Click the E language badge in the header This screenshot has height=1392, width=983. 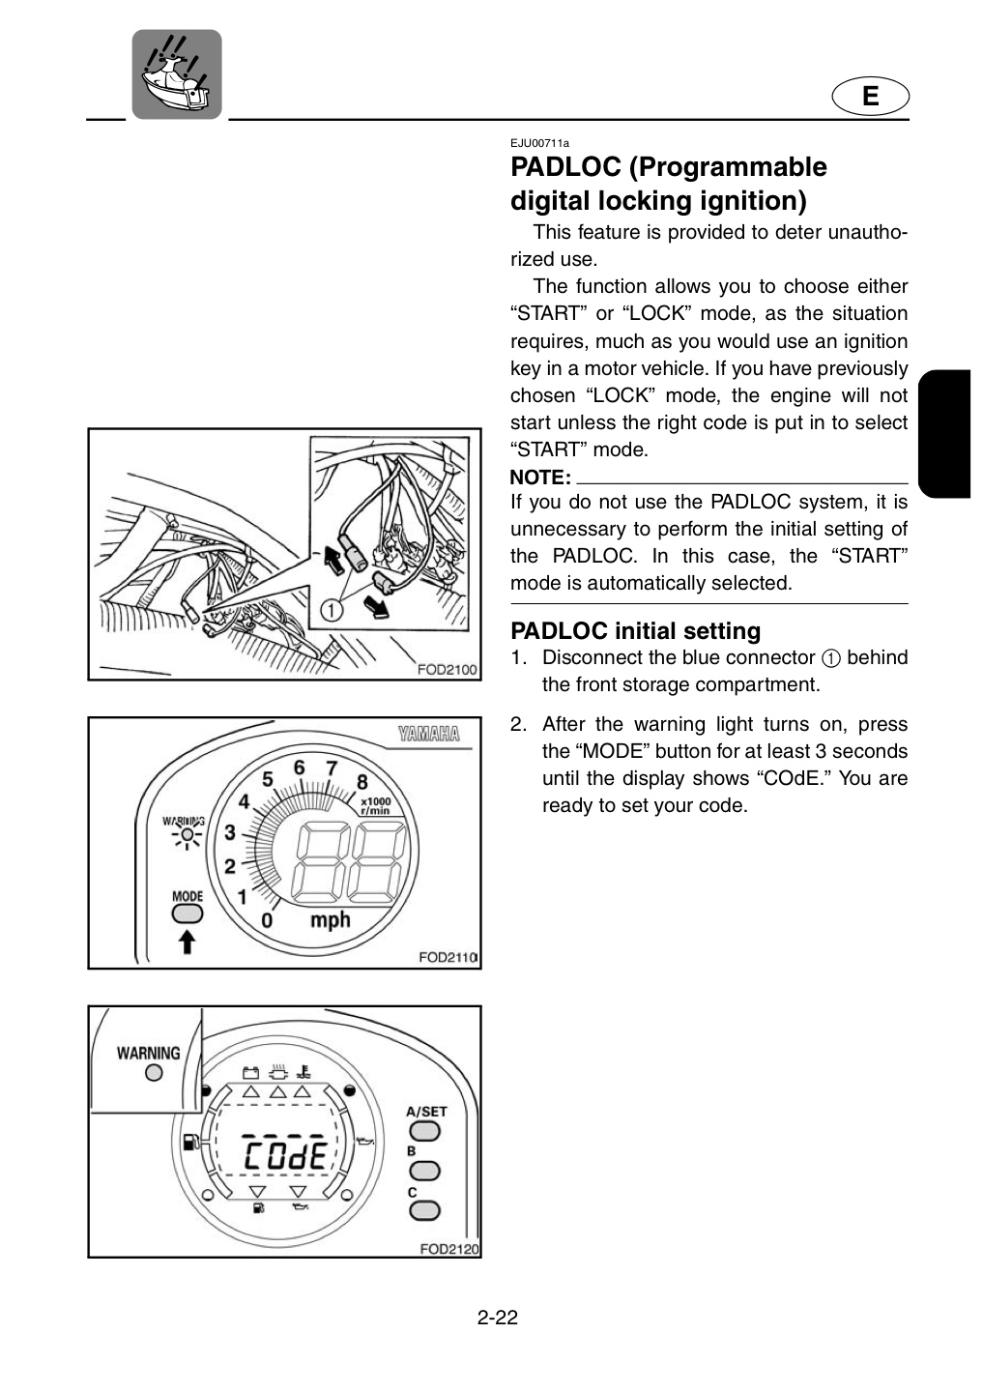(870, 97)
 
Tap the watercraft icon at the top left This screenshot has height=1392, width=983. (177, 73)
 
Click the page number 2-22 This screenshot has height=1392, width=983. (497, 1318)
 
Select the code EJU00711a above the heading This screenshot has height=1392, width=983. (539, 143)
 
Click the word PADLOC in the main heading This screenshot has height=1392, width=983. (565, 167)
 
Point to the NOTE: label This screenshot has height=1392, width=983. (540, 478)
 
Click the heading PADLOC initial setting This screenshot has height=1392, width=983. (635, 630)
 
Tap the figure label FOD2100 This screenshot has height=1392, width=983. (447, 669)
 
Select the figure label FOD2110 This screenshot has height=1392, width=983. (448, 958)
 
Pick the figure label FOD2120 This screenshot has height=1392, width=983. (449, 1249)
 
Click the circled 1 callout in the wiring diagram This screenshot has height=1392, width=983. (332, 610)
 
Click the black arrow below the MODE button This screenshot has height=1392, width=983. (188, 942)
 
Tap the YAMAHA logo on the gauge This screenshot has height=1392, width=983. (429, 734)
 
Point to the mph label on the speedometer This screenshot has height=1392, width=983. (330, 920)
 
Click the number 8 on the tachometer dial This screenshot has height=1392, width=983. (362, 782)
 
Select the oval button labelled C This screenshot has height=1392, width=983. (424, 1210)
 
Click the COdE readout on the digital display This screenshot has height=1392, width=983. (286, 1156)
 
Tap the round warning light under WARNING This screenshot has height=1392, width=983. (154, 1072)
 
